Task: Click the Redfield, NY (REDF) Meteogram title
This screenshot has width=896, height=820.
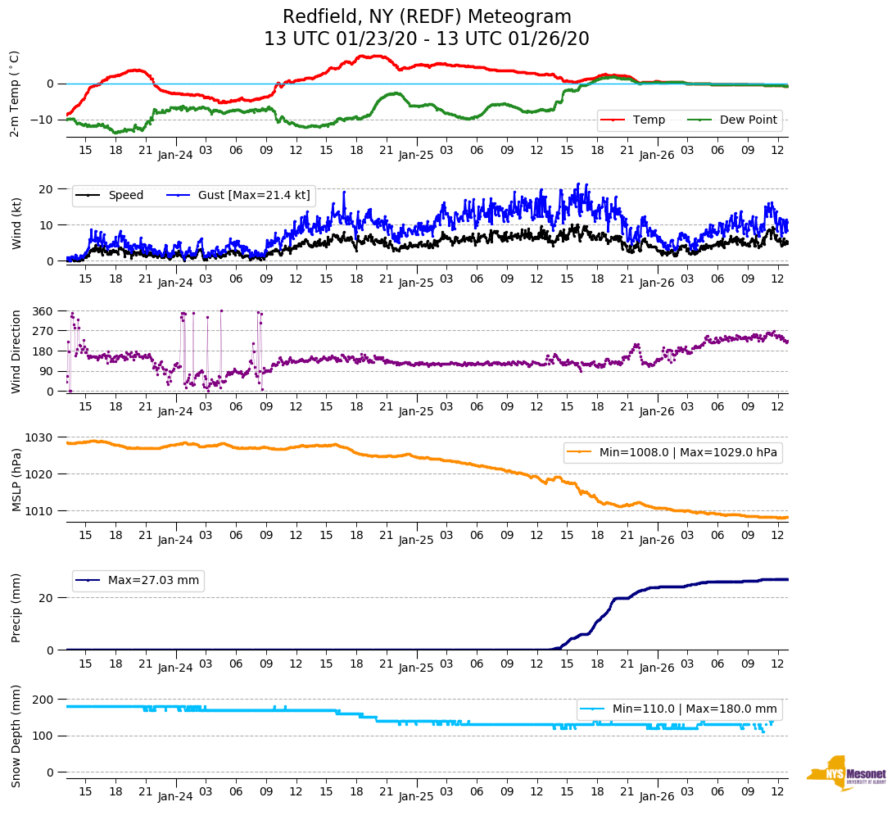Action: click(x=427, y=17)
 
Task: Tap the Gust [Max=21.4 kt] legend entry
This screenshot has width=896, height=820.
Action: click(x=254, y=195)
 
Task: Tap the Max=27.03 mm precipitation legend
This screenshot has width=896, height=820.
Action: click(x=153, y=580)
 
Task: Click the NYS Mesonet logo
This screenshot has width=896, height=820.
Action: click(x=846, y=773)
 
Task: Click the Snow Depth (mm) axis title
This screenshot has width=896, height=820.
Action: click(x=15, y=735)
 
